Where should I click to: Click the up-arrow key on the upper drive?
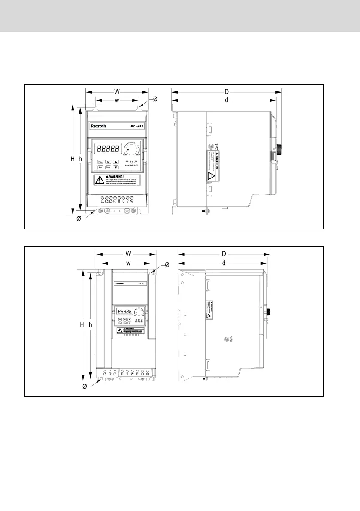116,161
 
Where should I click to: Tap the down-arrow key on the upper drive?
116,166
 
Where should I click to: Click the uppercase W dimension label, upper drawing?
117,91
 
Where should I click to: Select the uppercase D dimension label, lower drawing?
223,254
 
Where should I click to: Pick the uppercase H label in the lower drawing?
81,325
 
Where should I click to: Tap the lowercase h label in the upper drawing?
80,159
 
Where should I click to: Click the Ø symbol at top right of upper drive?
155,99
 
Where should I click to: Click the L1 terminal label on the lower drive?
104,374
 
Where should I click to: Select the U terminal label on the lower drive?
122,374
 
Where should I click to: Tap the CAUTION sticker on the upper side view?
216,165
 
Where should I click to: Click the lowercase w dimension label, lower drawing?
128,263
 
